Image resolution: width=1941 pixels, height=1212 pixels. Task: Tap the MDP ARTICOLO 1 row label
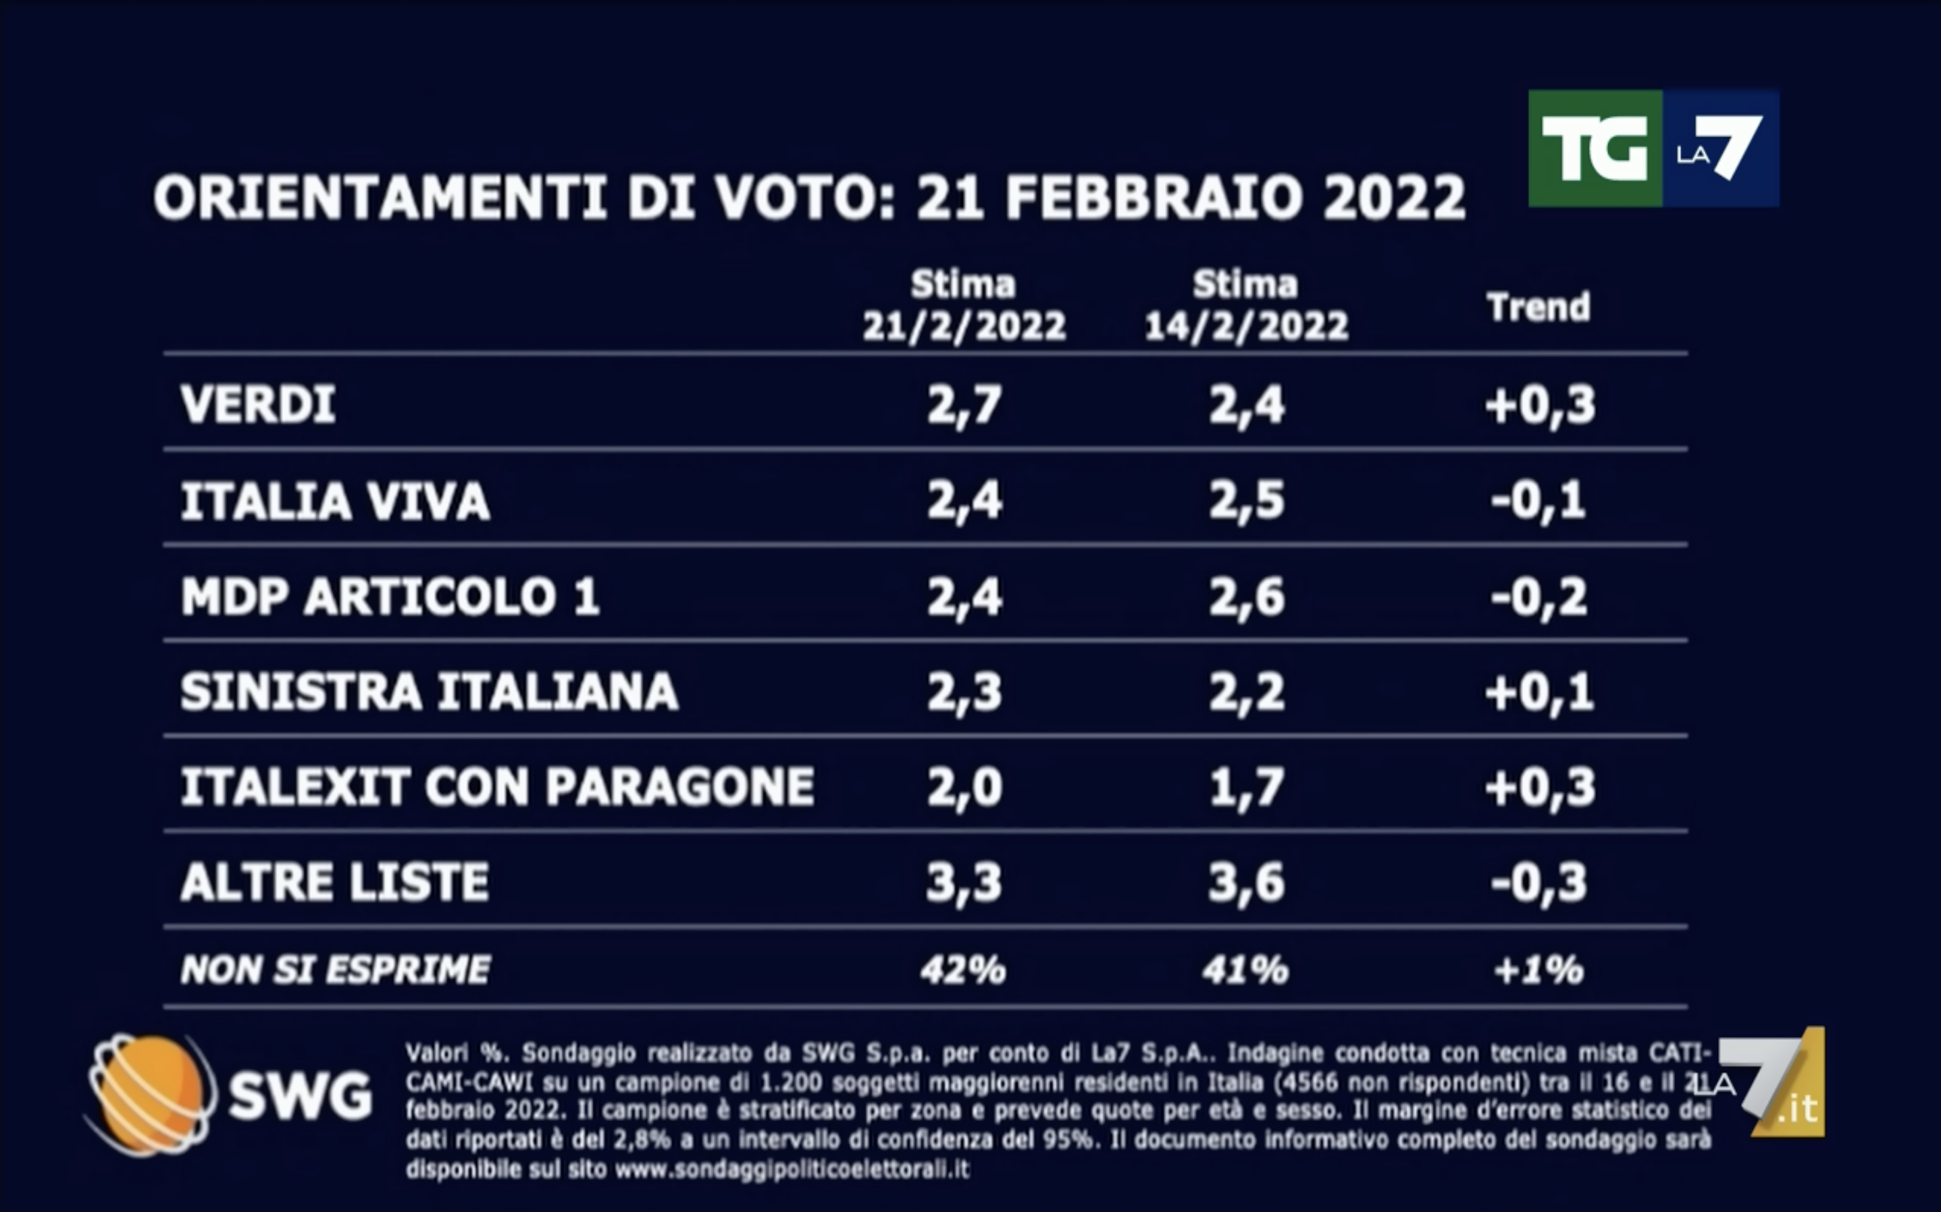click(x=390, y=597)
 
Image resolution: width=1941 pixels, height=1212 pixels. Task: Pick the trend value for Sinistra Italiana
click(x=1539, y=692)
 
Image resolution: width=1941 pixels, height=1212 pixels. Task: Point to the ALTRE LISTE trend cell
click(x=1539, y=882)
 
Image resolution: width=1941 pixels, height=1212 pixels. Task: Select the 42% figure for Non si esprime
click(x=963, y=970)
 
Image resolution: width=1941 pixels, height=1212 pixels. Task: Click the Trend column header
click(x=1538, y=307)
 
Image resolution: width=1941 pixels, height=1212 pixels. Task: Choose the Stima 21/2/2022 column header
click(x=964, y=306)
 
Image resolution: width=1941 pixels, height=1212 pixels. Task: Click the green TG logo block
click(x=1595, y=149)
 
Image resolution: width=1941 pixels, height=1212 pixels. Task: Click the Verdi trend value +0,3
click(x=1539, y=405)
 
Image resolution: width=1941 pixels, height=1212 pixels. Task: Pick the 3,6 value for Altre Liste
click(x=1247, y=882)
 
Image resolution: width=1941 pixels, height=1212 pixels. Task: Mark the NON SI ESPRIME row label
click(x=335, y=970)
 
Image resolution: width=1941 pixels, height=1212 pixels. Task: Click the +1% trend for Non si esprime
click(x=1538, y=970)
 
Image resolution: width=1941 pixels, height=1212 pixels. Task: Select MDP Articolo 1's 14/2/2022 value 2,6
click(x=1247, y=597)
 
